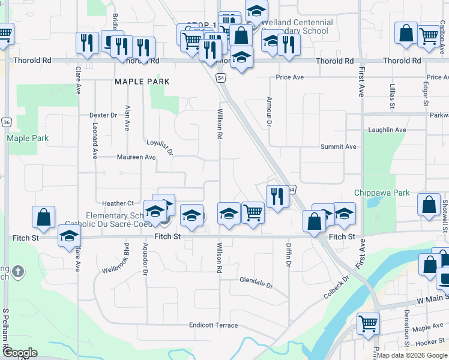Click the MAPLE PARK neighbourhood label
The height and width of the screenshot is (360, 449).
pyautogui.click(x=142, y=81)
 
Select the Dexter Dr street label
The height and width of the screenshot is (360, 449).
pyautogui.click(x=103, y=115)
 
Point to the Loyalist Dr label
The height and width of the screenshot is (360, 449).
pyautogui.click(x=160, y=146)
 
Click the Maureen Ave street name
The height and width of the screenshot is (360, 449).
pyautogui.click(x=136, y=157)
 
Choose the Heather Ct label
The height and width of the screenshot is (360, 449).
pyautogui.click(x=117, y=203)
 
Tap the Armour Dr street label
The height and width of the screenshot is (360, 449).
pyautogui.click(x=270, y=112)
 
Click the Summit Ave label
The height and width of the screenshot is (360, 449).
pyautogui.click(x=339, y=146)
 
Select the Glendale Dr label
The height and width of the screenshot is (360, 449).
pyautogui.click(x=256, y=280)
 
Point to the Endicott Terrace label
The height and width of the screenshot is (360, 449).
pyautogui.click(x=213, y=325)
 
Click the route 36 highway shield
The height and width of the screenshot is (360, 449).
pyautogui.click(x=6, y=122)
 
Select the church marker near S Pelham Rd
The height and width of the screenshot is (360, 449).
pyautogui.click(x=17, y=271)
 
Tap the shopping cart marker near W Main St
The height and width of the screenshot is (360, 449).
pyautogui.click(x=369, y=324)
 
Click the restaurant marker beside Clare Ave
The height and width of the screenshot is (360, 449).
pyautogui.click(x=87, y=43)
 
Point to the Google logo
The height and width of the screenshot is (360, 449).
pyautogui.click(x=20, y=353)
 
